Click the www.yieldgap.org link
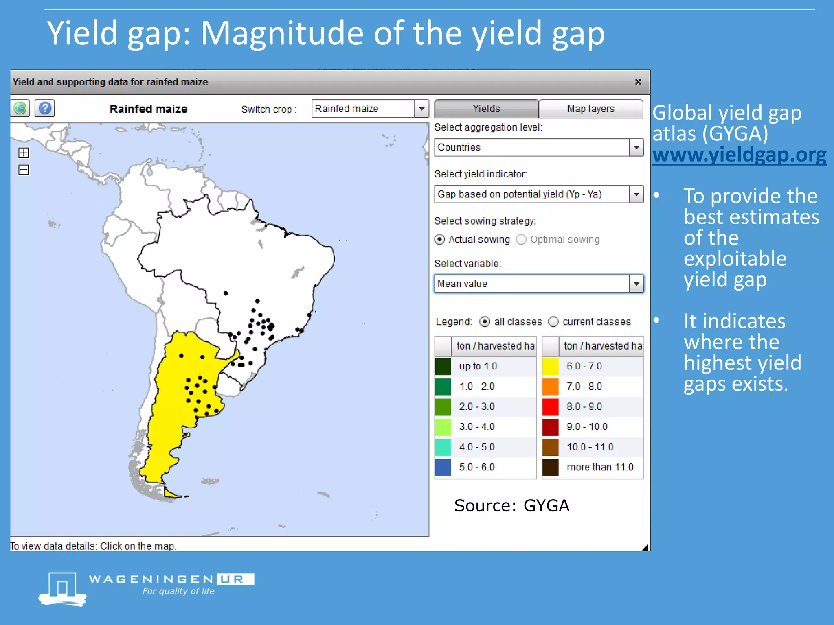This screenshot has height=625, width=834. point(739,155)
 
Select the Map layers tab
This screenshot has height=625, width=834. point(590,109)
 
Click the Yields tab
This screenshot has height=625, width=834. point(486,109)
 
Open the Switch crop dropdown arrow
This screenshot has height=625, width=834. point(422,109)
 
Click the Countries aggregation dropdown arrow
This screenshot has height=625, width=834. point(636,147)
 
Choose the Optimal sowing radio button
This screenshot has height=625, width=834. point(521,239)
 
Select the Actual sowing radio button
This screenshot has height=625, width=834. point(440,239)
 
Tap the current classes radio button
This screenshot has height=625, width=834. point(553,322)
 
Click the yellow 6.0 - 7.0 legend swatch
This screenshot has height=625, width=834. point(550,366)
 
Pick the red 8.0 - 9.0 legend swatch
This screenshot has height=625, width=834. point(550,406)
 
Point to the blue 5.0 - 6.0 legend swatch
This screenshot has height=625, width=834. point(443,467)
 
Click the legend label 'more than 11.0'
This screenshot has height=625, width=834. point(600,467)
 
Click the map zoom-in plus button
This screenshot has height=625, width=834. point(24,153)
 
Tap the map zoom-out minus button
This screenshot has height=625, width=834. point(24,170)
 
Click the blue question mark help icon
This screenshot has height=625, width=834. point(45,108)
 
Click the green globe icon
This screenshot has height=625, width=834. point(20,108)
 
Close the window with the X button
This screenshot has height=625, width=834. point(638,82)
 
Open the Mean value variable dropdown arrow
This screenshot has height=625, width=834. point(636,284)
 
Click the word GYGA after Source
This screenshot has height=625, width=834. point(546,506)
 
